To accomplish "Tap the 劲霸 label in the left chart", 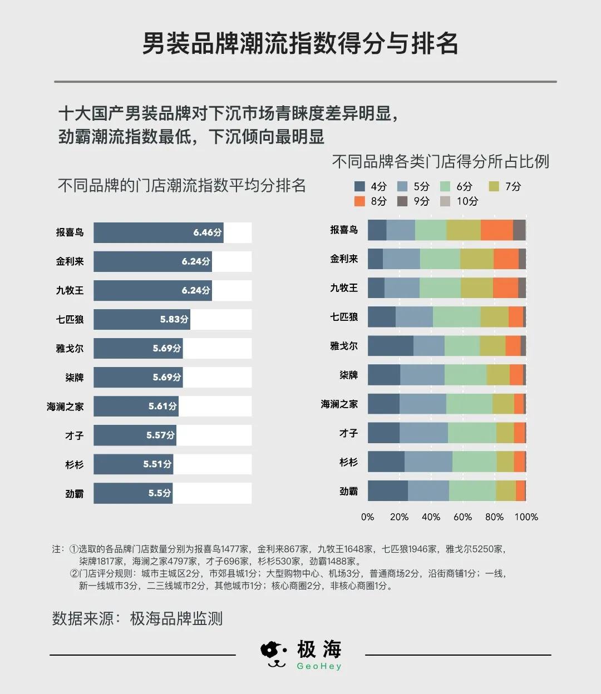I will click(x=74, y=494).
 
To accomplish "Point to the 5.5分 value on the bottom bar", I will click(x=159, y=493).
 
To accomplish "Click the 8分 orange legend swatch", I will click(x=359, y=201).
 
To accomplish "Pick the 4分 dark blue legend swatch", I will click(x=359, y=187).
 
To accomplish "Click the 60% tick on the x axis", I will click(x=462, y=517).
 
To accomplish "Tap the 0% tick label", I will click(x=367, y=517).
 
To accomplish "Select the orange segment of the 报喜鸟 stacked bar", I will click(x=496, y=230).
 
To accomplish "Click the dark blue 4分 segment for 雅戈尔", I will click(x=390, y=346).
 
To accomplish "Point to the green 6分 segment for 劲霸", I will click(x=472, y=491).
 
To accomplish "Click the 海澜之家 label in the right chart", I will click(x=339, y=404).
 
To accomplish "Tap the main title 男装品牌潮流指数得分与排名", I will click(x=300, y=44).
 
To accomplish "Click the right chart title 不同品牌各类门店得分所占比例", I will click(x=440, y=162).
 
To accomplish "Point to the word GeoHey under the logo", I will click(x=319, y=667).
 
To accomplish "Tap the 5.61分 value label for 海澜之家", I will click(x=163, y=407).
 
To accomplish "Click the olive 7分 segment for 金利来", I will click(x=476, y=259).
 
